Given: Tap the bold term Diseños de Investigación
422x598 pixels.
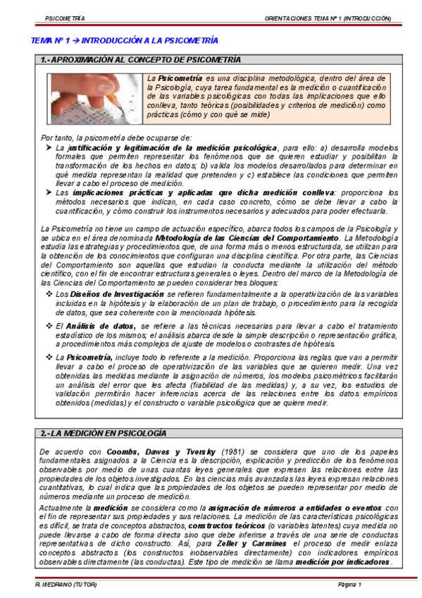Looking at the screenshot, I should click(x=99, y=293).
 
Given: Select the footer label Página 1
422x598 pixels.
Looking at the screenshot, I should click(x=349, y=585).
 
